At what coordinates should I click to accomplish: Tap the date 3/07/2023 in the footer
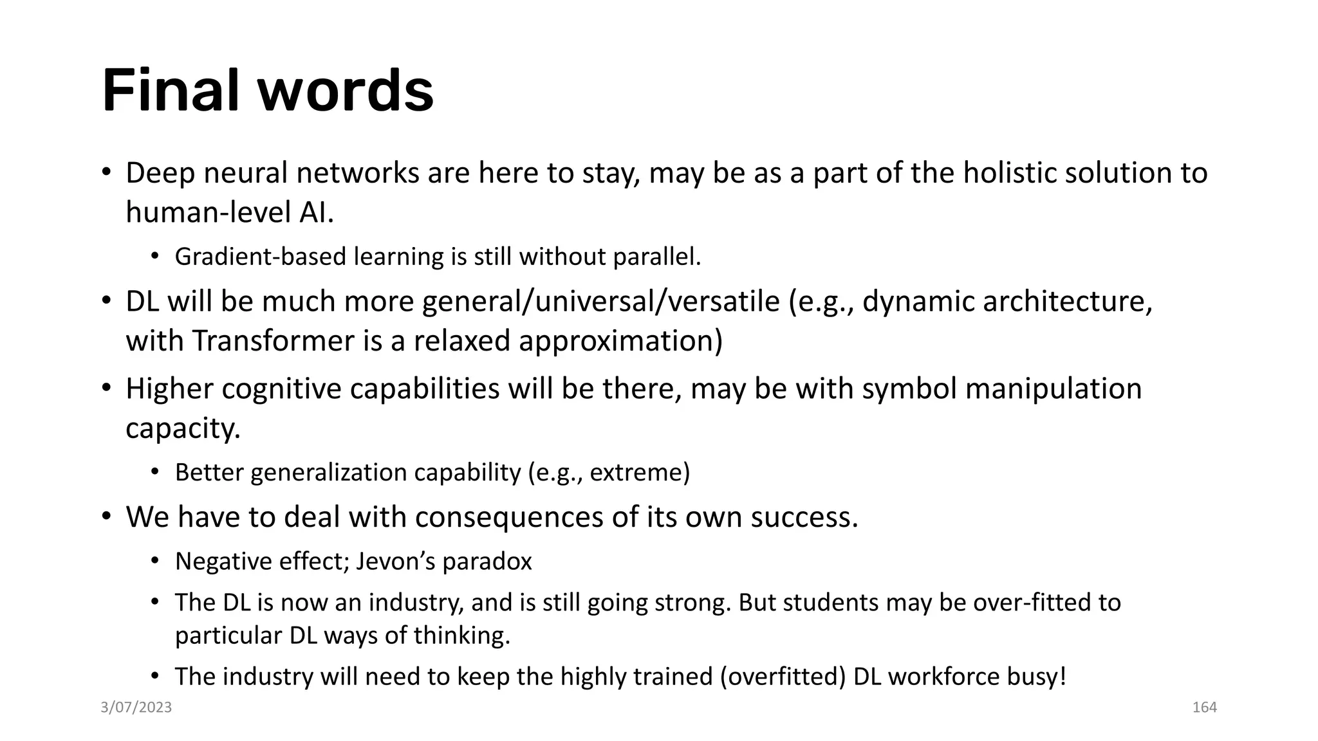tap(136, 708)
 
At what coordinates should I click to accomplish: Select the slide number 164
tap(1204, 708)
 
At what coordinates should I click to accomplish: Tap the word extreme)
tap(640, 473)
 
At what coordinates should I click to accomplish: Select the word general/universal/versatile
tap(601, 302)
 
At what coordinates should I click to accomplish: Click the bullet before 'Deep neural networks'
tap(107, 172)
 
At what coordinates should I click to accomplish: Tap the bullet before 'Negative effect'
tap(154, 561)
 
